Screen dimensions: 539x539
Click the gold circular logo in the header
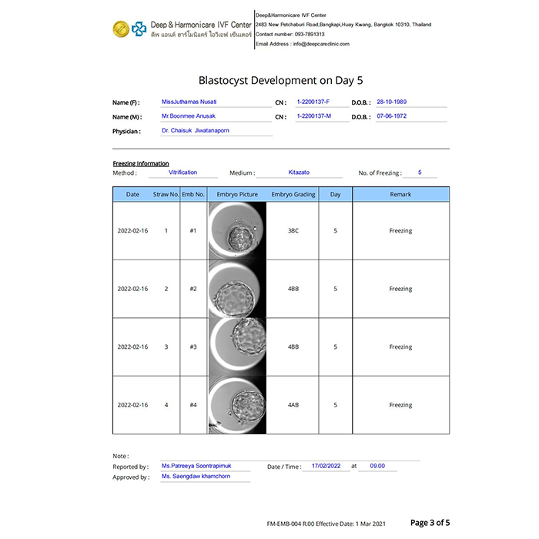coord(119,29)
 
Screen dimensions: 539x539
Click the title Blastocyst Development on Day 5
coord(269,79)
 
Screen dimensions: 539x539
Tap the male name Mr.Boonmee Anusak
coord(189,116)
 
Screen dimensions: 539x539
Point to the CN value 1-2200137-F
coord(313,102)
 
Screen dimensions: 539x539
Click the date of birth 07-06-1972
coord(391,116)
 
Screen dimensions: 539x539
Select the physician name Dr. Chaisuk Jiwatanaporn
coord(195,131)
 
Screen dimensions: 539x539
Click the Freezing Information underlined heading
coord(141,163)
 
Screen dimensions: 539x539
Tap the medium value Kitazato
coord(300,172)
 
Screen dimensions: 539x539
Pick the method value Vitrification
coord(182,172)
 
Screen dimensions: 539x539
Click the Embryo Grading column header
coord(293,194)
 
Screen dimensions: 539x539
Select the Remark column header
coord(400,194)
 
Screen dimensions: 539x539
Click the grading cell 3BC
coord(293,231)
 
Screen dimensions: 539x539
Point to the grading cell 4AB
coord(293,405)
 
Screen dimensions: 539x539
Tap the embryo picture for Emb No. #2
coord(237,289)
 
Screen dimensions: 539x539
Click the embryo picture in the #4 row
coord(237,405)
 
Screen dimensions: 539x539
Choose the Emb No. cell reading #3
coord(193,347)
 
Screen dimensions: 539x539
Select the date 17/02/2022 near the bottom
coord(325,466)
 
